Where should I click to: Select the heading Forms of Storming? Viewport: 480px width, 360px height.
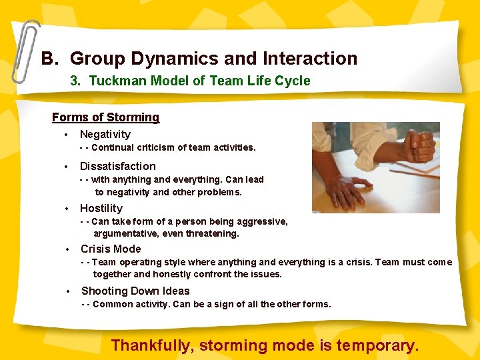[105, 117]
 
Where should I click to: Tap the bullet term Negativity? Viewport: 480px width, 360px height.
[105, 135]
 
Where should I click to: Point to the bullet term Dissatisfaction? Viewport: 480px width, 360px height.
[118, 167]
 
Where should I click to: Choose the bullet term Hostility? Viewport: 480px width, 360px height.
[101, 208]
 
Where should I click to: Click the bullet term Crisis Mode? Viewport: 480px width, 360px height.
[111, 249]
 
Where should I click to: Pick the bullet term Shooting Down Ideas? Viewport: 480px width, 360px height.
[135, 291]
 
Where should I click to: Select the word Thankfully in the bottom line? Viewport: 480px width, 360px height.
[152, 345]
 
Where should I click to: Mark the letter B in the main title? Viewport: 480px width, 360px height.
[47, 59]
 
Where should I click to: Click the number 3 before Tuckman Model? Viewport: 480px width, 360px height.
[75, 81]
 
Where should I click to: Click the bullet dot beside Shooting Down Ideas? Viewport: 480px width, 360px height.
[69, 291]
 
